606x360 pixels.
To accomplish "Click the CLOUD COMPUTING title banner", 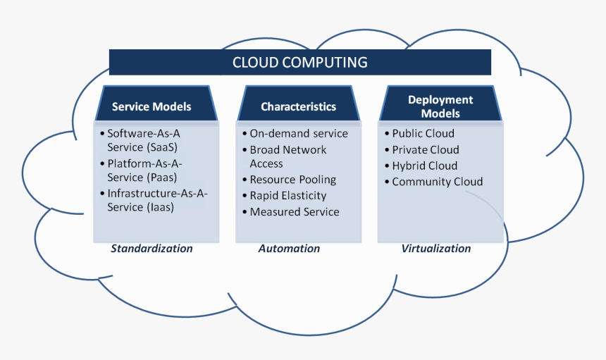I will coord(299,62).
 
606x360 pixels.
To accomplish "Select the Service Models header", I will coord(151,107).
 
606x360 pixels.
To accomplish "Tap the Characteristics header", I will coord(298,107).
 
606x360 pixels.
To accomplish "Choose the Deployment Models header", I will coord(440,106).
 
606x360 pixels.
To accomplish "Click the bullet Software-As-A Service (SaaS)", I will coord(142,140).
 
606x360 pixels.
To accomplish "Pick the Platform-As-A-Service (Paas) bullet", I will coord(144,171).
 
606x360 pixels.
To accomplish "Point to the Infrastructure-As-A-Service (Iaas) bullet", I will coord(157,201).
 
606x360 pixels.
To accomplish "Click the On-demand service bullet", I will coord(299,134).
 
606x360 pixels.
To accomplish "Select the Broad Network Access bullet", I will coord(287,156).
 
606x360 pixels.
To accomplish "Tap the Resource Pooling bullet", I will coord(292,180).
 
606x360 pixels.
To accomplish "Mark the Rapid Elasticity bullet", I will coord(287,196).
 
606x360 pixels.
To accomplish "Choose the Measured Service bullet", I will coord(294,212).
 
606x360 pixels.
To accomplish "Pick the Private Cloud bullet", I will coord(425,150).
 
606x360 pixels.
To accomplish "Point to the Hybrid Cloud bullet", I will coord(424,166).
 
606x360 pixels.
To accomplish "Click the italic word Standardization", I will coord(151,249).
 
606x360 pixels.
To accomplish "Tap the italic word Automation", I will coord(289,249).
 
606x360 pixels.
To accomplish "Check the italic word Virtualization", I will coord(436,249).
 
